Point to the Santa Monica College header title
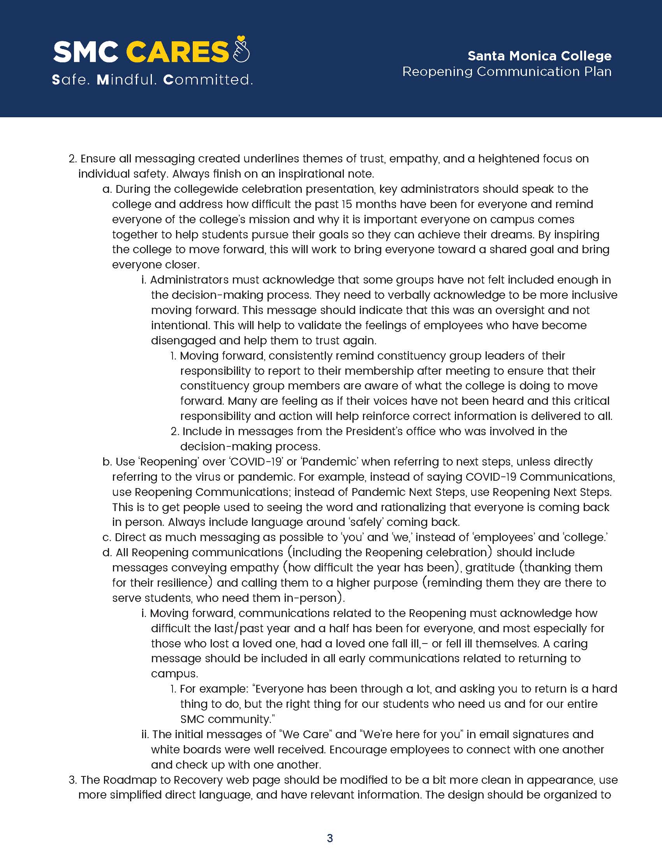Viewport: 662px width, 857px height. (539, 56)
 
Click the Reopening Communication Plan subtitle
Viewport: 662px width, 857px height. (507, 71)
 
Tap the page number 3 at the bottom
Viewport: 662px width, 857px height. (330, 838)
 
